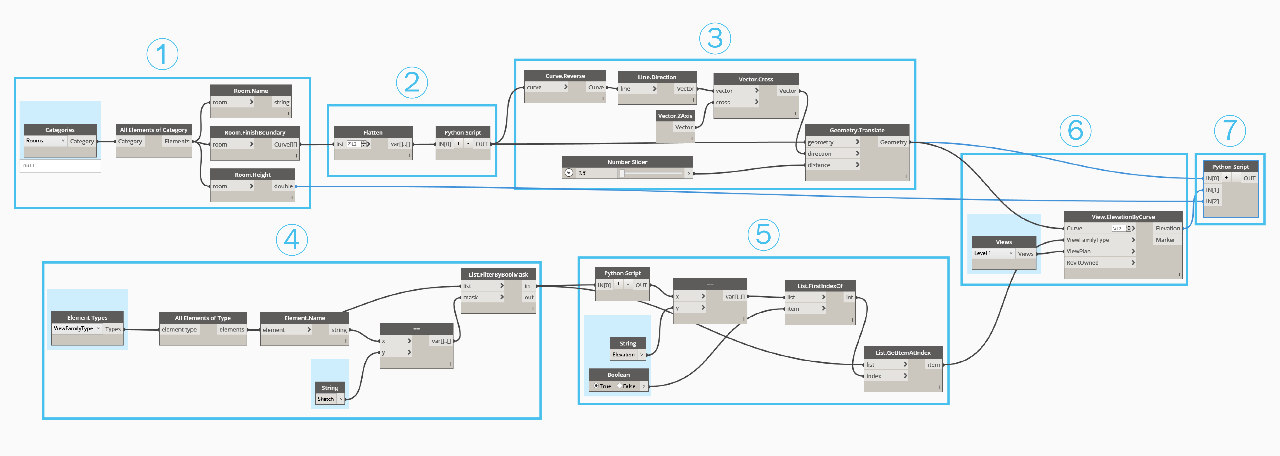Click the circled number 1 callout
(x=162, y=54)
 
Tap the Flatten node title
(x=373, y=132)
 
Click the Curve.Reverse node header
(x=565, y=76)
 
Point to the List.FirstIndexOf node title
(x=820, y=285)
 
